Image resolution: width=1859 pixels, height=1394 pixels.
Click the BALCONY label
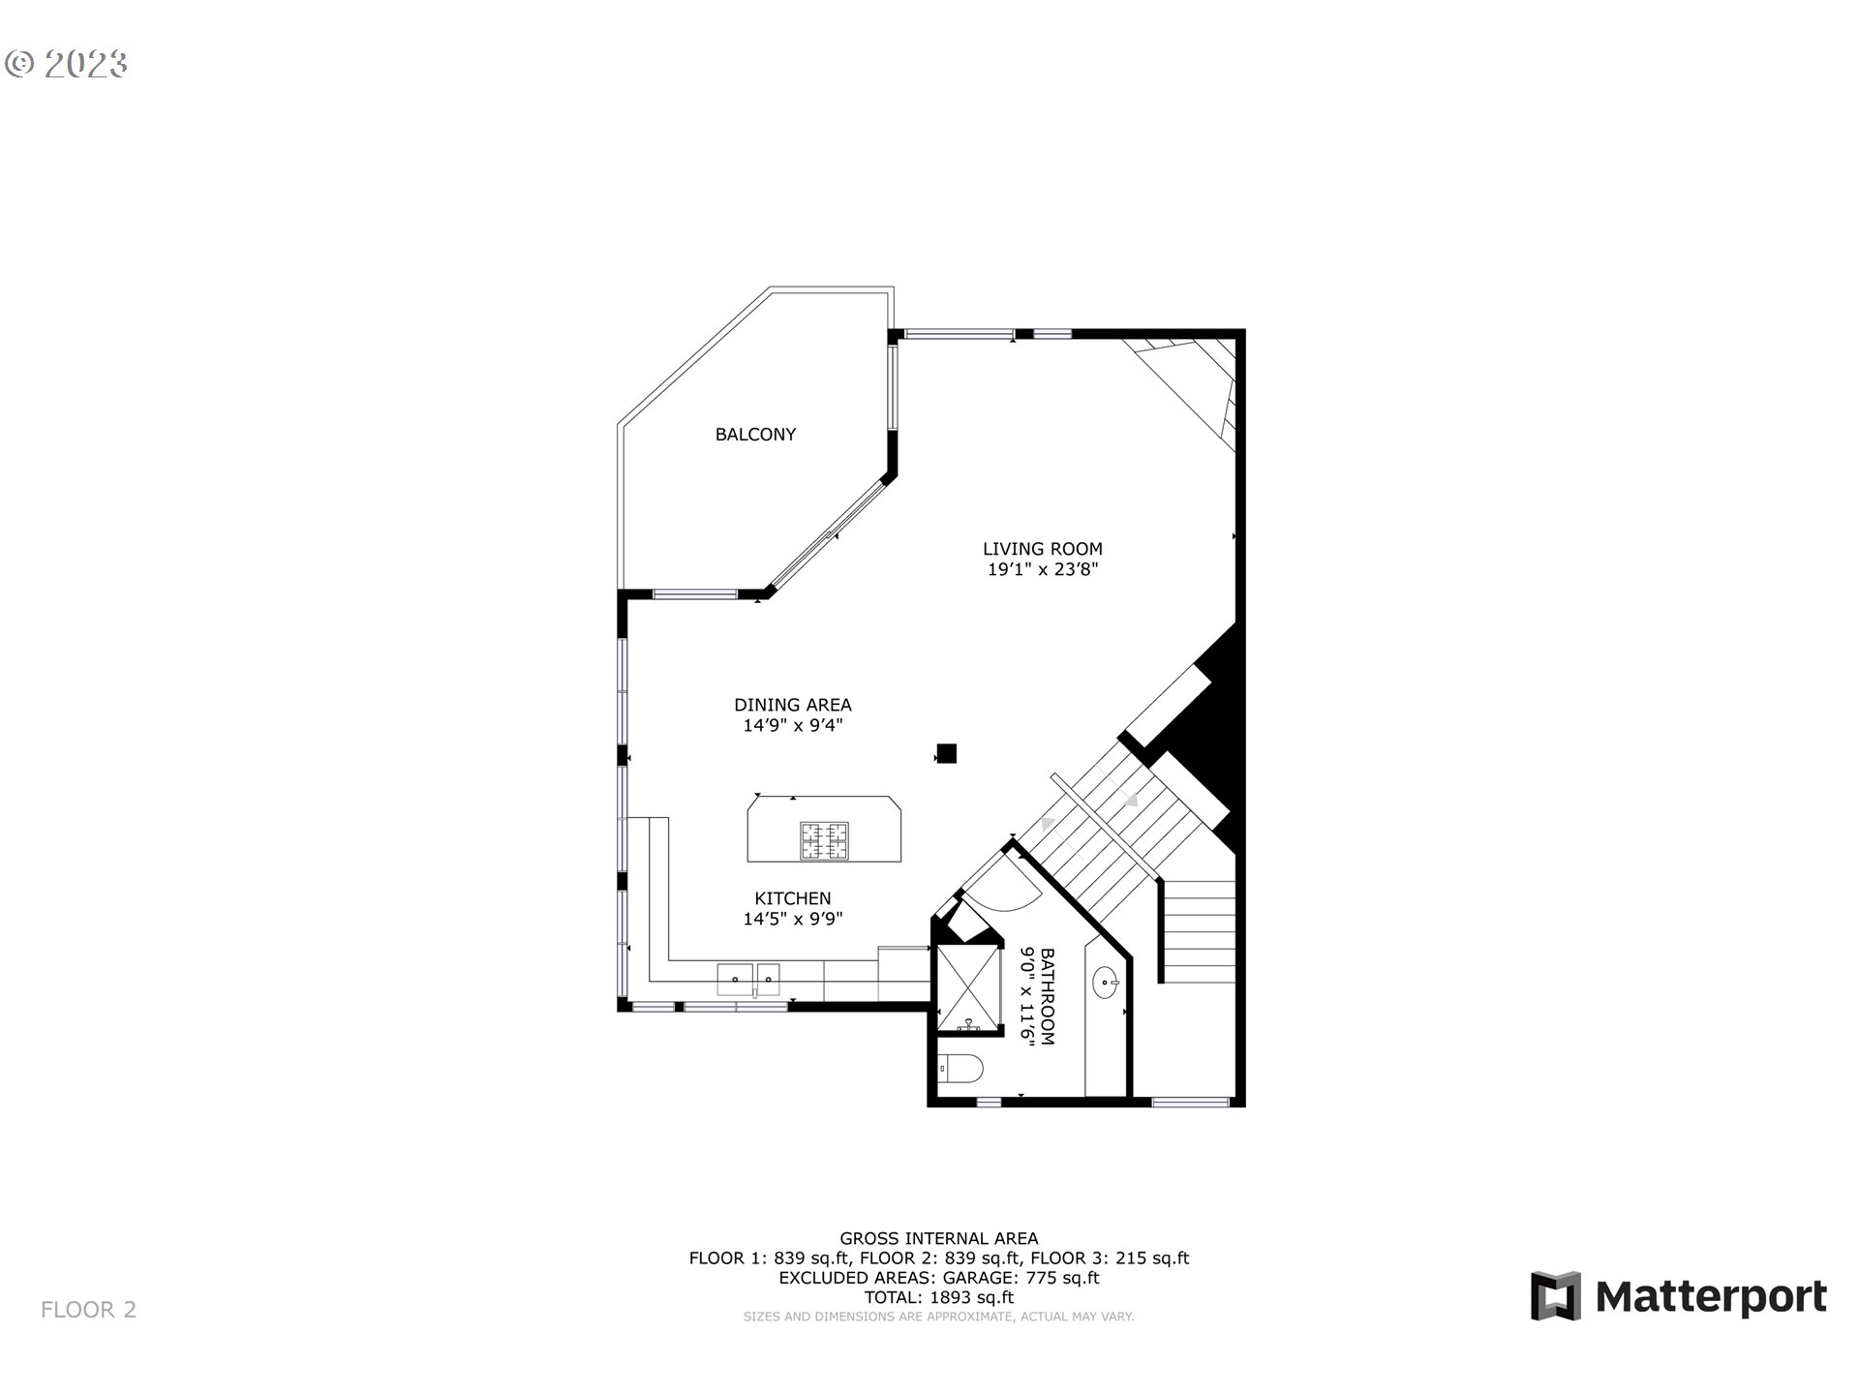coord(755,435)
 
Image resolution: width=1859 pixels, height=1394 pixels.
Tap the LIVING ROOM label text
coord(1042,549)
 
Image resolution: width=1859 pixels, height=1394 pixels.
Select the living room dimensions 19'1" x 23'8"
coord(1042,570)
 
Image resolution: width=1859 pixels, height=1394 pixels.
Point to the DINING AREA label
coord(792,705)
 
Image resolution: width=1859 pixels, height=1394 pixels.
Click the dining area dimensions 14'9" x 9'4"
coord(792,726)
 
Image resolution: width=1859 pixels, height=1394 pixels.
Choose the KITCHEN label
coord(792,898)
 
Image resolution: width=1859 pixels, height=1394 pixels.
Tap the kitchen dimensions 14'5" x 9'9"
coord(792,920)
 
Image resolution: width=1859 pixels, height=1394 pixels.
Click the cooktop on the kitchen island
coord(824,840)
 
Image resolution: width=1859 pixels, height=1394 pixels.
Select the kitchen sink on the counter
coord(747,979)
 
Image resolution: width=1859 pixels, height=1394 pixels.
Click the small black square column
coord(946,753)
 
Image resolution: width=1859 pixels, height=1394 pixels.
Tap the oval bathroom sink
coord(1105,985)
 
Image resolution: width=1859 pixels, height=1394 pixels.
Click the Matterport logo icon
coord(1555,1295)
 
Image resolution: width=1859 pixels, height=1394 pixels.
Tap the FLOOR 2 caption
coord(88,1310)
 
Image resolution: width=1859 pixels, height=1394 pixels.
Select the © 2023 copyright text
coord(66,64)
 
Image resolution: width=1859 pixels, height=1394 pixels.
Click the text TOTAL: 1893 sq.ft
coord(938,1297)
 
